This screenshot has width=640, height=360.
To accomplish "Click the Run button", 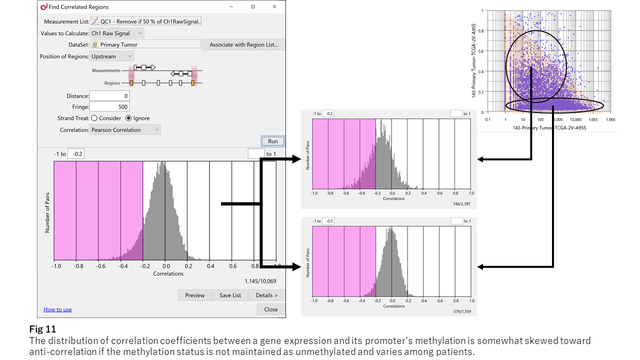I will (x=272, y=141).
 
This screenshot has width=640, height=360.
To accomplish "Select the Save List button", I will (x=230, y=295).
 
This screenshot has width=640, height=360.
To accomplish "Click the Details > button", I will (x=266, y=295).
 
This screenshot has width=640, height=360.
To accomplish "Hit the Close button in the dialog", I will (x=270, y=309).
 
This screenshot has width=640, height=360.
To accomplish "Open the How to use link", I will (x=57, y=309).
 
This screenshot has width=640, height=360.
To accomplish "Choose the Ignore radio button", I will (x=128, y=118).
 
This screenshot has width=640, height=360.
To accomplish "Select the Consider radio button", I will (x=94, y=118).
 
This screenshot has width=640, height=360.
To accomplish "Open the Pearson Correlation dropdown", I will (x=125, y=130).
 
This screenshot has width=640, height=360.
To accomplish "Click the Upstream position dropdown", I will (x=111, y=56).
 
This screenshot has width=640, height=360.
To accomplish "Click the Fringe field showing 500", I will (x=109, y=106).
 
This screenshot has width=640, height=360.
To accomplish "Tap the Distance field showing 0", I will (x=109, y=95).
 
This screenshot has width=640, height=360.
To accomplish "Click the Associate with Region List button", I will (x=243, y=44).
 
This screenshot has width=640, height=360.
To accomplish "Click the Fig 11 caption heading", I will (x=42, y=329).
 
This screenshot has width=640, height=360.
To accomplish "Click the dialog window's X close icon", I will (x=275, y=7).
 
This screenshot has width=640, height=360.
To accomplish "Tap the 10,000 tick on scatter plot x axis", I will (x=575, y=120).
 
